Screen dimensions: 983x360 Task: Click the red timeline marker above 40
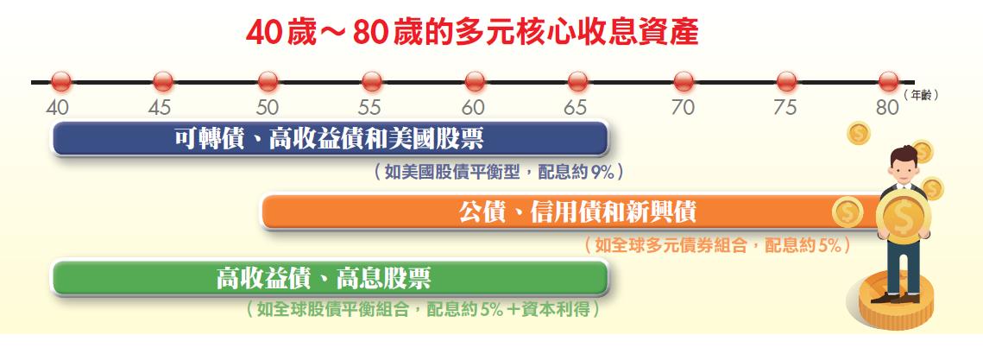click(x=60, y=81)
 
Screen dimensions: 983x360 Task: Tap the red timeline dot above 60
click(x=476, y=81)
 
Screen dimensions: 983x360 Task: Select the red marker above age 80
click(x=888, y=81)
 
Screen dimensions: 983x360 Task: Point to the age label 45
click(x=160, y=108)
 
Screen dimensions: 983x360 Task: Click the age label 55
click(x=369, y=108)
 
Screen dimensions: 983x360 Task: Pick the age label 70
click(x=683, y=108)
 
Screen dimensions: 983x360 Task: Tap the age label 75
click(x=785, y=108)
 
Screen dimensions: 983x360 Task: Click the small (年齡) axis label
click(x=921, y=96)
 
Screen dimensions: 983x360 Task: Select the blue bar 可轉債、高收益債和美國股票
click(x=330, y=138)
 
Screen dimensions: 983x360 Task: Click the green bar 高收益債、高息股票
click(x=330, y=278)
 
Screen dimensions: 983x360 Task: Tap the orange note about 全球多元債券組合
click(x=717, y=245)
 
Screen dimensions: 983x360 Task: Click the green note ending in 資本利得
click(x=423, y=308)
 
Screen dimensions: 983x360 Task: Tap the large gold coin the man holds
click(x=903, y=217)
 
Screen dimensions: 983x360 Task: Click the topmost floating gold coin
click(x=858, y=132)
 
